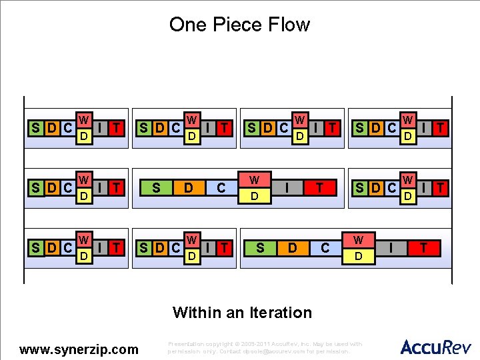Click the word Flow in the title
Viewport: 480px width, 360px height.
click(x=288, y=25)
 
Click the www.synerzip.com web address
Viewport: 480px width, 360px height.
click(x=79, y=349)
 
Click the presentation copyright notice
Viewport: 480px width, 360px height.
click(x=265, y=347)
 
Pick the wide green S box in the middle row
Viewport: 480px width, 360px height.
click(x=156, y=188)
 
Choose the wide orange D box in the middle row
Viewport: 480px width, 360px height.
click(x=189, y=188)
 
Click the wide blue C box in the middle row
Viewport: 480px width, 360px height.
click(x=221, y=188)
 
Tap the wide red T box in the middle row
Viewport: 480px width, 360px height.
click(x=320, y=188)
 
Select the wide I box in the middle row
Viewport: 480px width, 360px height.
click(x=287, y=188)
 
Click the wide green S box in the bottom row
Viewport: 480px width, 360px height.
click(x=260, y=248)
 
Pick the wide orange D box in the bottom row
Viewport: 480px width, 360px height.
click(x=293, y=248)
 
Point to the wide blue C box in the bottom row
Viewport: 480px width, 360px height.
click(x=325, y=248)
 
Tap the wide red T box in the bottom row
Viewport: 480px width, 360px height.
click(x=424, y=248)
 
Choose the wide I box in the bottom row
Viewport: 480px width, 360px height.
click(x=391, y=248)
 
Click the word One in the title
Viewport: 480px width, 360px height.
click(x=186, y=25)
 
